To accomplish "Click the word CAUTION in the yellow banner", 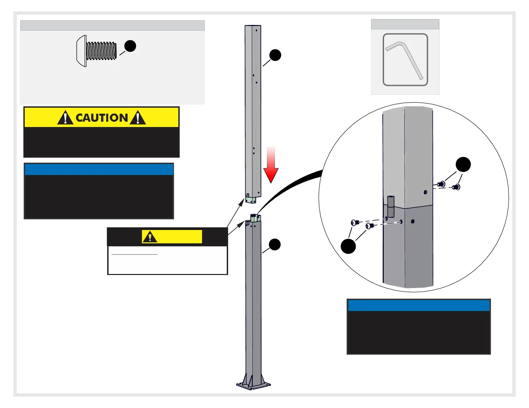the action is click(x=102, y=118).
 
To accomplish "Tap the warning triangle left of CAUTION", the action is click(x=65, y=118).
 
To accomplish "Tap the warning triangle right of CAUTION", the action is click(x=138, y=118).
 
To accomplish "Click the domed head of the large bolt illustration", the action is click(x=81, y=51).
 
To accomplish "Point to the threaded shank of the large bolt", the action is click(x=101, y=51).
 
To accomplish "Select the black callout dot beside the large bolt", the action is click(x=130, y=46).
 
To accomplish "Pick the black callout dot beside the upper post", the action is click(x=275, y=55).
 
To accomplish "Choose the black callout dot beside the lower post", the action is click(x=275, y=244).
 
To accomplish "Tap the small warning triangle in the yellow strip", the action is click(x=150, y=237).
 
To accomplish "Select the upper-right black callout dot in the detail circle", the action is click(x=463, y=165).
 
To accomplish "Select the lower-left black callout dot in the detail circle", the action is click(x=348, y=246).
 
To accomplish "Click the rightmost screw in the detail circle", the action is click(x=457, y=187).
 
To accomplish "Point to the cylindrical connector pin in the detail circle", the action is click(x=391, y=207).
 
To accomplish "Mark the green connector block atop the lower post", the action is click(x=255, y=218).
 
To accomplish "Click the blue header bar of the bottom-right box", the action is click(x=419, y=305).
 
